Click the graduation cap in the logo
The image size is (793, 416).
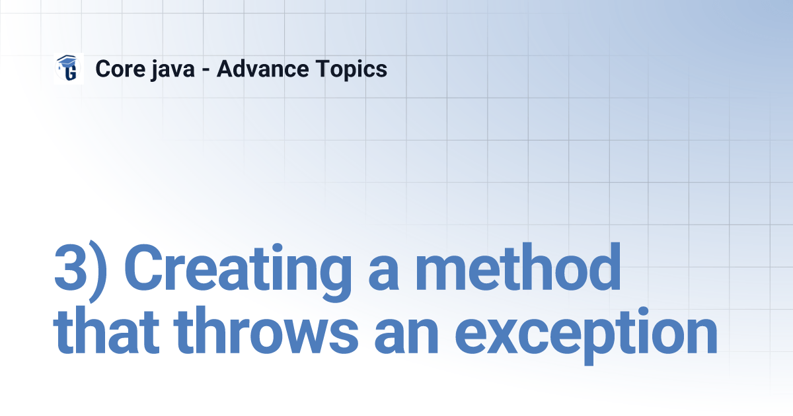point(66,61)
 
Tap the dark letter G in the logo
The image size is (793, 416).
point(71,72)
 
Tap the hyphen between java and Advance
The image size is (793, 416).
point(206,70)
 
